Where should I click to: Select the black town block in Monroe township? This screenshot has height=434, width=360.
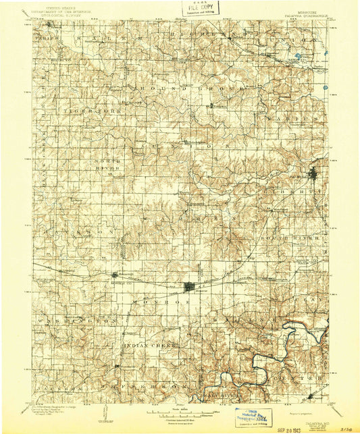[190, 287]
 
